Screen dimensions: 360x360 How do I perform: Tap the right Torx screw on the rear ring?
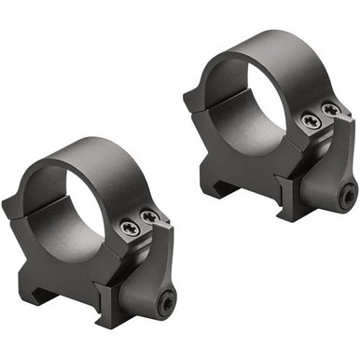click(331, 110)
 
